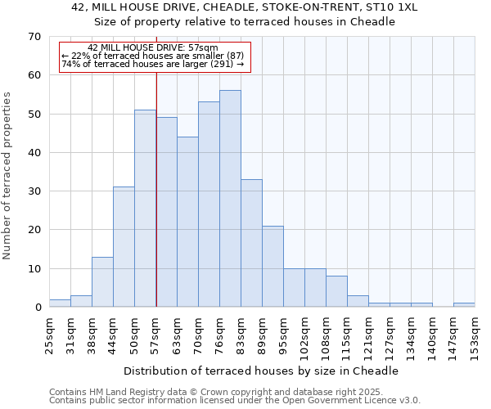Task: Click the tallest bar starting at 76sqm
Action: pyautogui.click(x=230, y=199)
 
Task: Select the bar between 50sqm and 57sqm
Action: pyautogui.click(x=145, y=209)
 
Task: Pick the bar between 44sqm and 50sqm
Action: pyautogui.click(x=124, y=247)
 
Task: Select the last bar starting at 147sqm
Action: pyautogui.click(x=464, y=305)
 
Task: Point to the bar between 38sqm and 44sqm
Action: pyautogui.click(x=102, y=282)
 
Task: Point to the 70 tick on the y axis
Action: pyautogui.click(x=34, y=37)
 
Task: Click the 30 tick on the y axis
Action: pyautogui.click(x=34, y=191)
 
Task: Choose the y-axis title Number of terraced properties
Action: pyautogui.click(x=7, y=176)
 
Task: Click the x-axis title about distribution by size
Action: pyautogui.click(x=262, y=371)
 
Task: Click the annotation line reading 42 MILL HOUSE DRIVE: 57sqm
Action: pyautogui.click(x=153, y=48)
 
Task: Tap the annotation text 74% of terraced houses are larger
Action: pyautogui.click(x=153, y=64)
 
